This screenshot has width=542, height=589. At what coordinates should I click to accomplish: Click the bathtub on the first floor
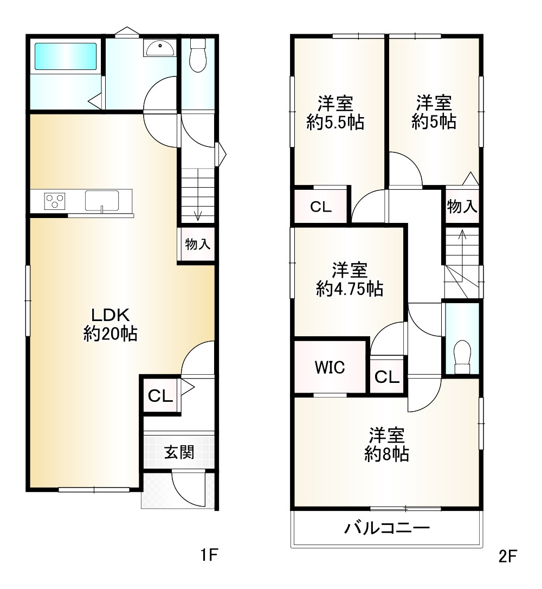[x=66, y=56]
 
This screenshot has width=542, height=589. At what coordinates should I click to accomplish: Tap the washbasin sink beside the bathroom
[x=160, y=48]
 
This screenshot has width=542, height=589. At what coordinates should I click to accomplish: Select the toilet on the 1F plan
[x=198, y=55]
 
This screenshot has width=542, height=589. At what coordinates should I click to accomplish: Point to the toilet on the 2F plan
[x=462, y=357]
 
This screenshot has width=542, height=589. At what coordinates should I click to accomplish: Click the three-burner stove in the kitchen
[x=55, y=201]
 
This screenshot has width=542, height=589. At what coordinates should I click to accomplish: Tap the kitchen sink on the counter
[x=102, y=201]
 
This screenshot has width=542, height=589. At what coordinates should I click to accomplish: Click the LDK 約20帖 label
[x=111, y=324]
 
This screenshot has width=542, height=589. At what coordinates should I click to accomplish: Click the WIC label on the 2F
[x=330, y=367]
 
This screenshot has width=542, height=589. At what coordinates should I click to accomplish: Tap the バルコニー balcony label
[x=387, y=528]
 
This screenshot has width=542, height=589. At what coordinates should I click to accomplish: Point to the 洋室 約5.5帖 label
[x=335, y=113]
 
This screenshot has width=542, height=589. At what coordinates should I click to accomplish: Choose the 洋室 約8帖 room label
[x=386, y=445]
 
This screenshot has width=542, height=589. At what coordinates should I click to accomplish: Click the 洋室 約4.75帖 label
[x=350, y=279]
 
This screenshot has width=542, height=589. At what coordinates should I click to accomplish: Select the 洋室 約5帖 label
[x=434, y=112]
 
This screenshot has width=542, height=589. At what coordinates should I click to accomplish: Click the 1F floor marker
[x=209, y=555]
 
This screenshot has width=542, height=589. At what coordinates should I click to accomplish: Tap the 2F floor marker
[x=507, y=556]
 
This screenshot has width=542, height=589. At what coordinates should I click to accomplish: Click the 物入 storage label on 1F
[x=197, y=244]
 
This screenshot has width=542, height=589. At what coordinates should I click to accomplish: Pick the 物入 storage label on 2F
[x=462, y=206]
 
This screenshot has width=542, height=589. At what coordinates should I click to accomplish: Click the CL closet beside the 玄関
[x=160, y=395]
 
